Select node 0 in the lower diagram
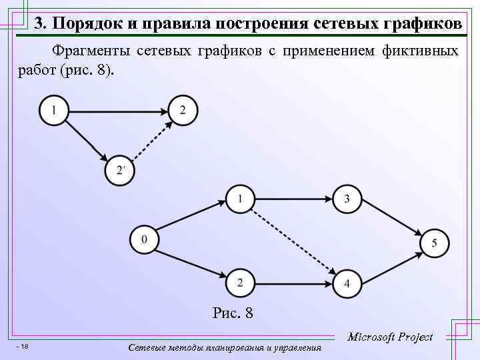pyautogui.click(x=145, y=239)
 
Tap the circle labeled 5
pyautogui.click(x=434, y=243)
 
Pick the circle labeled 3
pyautogui.click(x=347, y=199)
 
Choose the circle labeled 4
pyautogui.click(x=347, y=283)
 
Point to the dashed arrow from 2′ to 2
pyautogui.click(x=150, y=141)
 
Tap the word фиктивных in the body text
pyautogui.click(x=421, y=51)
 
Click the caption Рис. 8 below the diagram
pyautogui.click(x=232, y=312)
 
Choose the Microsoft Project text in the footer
pyautogui.click(x=390, y=337)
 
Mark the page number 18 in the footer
pyautogui.click(x=23, y=346)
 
